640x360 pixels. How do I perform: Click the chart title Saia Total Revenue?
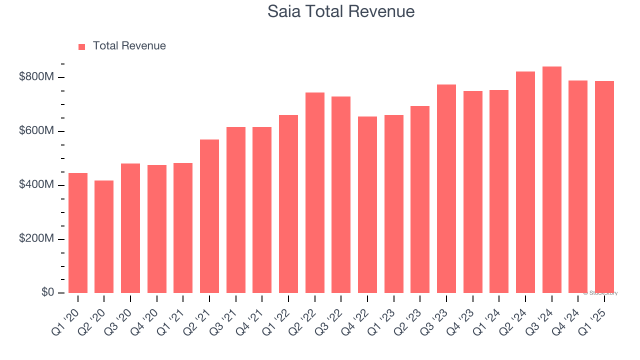(341, 11)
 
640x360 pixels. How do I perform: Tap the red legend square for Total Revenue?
(82, 46)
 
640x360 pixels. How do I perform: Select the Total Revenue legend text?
(129, 46)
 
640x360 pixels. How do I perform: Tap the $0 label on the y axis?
(48, 292)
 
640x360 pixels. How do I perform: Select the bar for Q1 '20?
(78, 233)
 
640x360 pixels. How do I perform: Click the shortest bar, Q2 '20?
(104, 237)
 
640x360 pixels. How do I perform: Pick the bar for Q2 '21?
(209, 216)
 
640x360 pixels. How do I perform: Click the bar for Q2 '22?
(315, 192)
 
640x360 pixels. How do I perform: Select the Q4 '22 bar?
(367, 205)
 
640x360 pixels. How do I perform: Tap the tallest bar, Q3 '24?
(552, 180)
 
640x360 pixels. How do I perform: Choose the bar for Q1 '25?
(604, 187)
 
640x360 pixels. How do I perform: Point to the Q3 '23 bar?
(446, 189)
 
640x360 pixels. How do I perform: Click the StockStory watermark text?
(600, 293)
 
